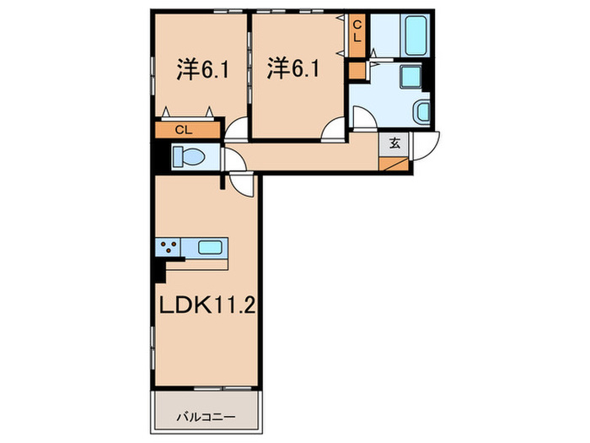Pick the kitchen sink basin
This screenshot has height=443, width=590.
click(x=210, y=248)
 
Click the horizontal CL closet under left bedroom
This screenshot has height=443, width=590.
click(x=186, y=131)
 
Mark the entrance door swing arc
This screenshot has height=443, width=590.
click(x=429, y=145)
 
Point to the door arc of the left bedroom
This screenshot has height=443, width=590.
click(x=236, y=129)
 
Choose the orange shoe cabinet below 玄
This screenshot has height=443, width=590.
click(x=393, y=161)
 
